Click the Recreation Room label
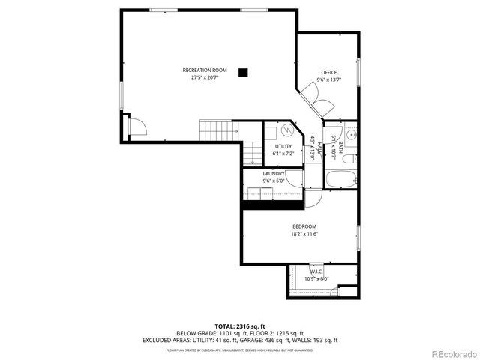coord(205,70)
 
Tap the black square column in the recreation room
coord(242,73)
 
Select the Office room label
coord(329,73)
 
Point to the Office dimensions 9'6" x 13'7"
coord(329,79)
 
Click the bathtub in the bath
coord(341,180)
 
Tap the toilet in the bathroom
coord(352,158)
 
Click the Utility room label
coord(283,146)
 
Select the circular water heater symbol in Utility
coord(275,130)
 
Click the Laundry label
coord(273,173)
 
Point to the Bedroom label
coord(304,226)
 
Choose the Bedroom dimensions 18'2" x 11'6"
coord(304,234)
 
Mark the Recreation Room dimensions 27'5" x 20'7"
coord(205,77)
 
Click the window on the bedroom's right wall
coord(358,237)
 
